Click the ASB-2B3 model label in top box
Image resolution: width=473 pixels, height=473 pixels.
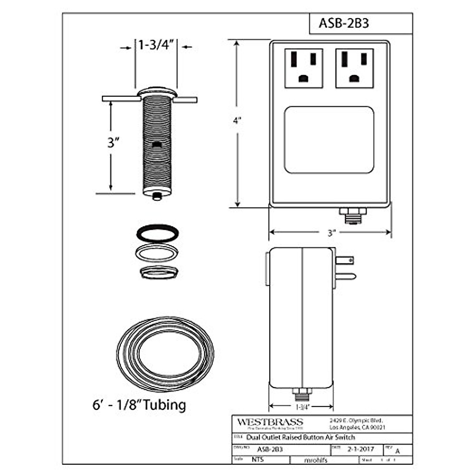[x=344, y=23]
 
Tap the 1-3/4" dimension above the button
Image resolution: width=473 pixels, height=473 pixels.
[x=156, y=45]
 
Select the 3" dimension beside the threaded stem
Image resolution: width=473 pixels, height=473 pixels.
[x=114, y=142]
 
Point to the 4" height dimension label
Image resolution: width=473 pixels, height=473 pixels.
[x=236, y=121]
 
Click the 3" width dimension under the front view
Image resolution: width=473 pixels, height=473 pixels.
[x=330, y=233]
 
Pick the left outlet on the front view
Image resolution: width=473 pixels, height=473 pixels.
[x=303, y=68]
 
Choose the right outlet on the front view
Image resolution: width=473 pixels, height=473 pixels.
[x=354, y=68]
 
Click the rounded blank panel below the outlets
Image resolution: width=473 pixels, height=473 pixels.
[x=329, y=140]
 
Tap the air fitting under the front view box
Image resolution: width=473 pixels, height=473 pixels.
[x=352, y=215]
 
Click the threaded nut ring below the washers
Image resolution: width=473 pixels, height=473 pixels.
[x=158, y=272]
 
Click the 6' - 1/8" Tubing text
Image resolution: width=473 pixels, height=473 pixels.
[x=139, y=405]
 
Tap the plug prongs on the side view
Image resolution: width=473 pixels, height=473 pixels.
[x=345, y=268]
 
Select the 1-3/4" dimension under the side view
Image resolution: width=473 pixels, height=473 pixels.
[x=301, y=406]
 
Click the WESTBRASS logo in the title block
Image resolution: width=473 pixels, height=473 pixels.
[x=270, y=422]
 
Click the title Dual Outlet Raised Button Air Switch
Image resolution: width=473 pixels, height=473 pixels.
[x=300, y=438]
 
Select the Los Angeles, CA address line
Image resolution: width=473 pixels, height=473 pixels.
[x=357, y=427]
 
